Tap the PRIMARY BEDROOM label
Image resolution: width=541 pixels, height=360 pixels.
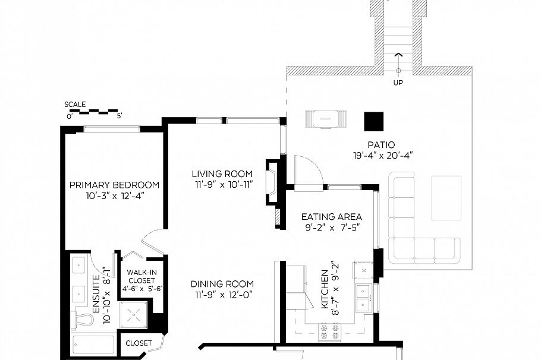114,185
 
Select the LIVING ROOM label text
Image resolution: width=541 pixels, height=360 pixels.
222,174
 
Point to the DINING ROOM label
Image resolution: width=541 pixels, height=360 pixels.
222,284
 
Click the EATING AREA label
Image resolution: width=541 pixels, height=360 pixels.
331,217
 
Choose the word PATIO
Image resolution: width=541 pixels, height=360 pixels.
380,144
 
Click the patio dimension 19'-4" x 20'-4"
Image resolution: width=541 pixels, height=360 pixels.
382,155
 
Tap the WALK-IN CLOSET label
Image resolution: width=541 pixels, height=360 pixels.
141,277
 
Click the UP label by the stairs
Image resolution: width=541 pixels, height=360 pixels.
398,83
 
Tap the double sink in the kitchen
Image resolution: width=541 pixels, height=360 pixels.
362,298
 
